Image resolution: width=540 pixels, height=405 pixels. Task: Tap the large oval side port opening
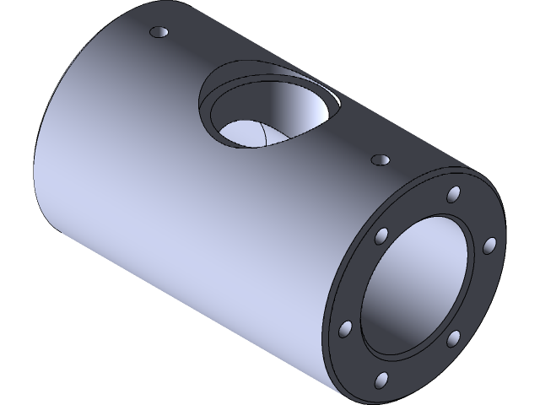268,118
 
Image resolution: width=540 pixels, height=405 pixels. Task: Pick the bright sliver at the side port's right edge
336,105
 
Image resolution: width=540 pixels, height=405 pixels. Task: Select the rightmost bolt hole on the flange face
489,245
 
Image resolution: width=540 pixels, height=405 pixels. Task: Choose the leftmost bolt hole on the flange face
345,327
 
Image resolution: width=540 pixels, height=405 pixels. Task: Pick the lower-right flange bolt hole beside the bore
453,337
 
